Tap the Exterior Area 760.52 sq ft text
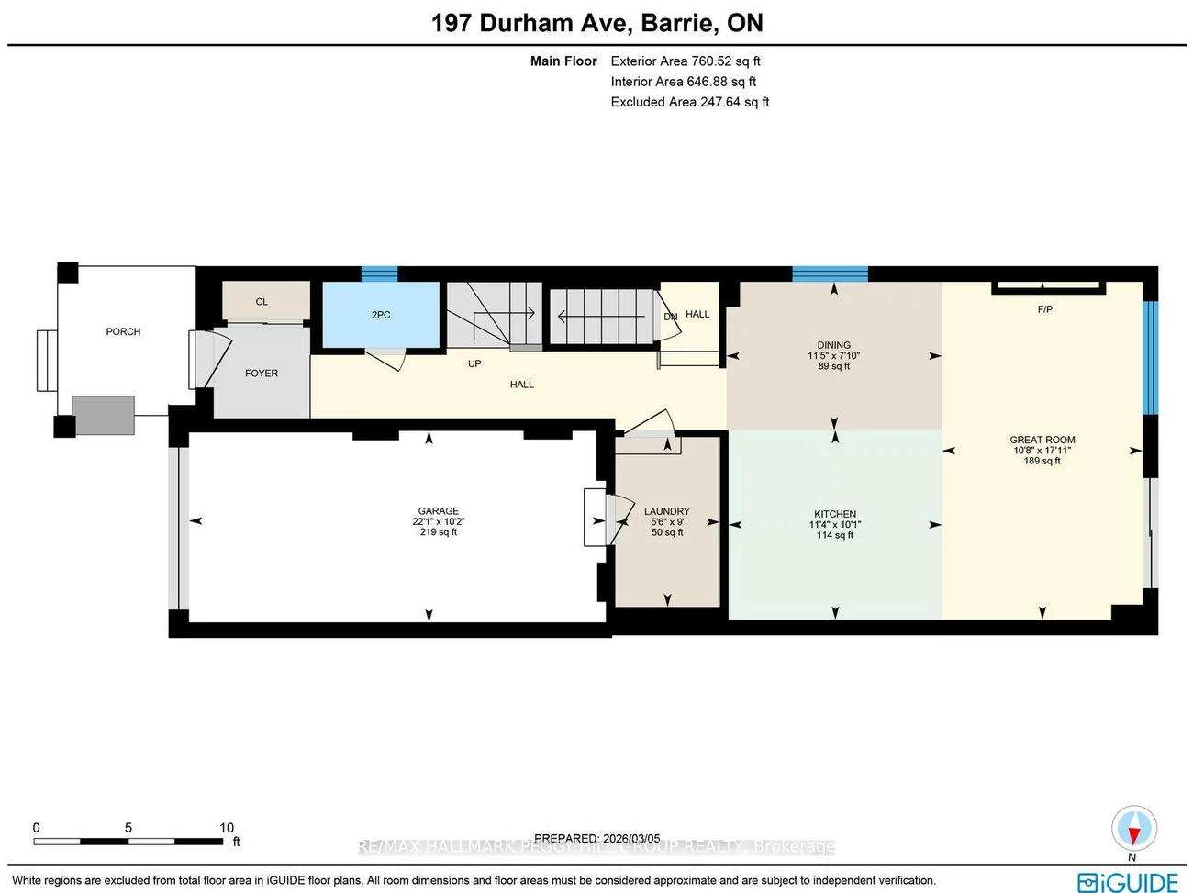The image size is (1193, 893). [x=686, y=61]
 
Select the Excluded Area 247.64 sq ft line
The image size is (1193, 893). [x=689, y=102]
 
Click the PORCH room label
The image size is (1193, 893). [x=123, y=331]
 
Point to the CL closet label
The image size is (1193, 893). [x=262, y=302]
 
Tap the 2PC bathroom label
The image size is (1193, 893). [x=381, y=315]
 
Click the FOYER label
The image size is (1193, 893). [x=262, y=374]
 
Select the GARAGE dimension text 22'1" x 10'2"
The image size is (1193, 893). [x=439, y=521]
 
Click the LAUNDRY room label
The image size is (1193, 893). [x=667, y=511]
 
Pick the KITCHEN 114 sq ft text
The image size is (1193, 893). [x=835, y=535]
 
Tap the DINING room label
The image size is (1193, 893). [x=834, y=345]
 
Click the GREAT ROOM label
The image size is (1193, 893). [x=1042, y=440]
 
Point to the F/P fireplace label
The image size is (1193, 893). [x=1045, y=309]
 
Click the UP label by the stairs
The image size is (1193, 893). [x=474, y=363]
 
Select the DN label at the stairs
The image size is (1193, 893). [x=670, y=317]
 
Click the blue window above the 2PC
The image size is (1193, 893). [x=379, y=273]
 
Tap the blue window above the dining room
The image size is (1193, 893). [x=830, y=273]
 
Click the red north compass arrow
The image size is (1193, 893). [x=1133, y=833]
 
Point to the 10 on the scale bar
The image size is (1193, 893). [x=227, y=827]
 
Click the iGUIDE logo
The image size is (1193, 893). [x=1128, y=882]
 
